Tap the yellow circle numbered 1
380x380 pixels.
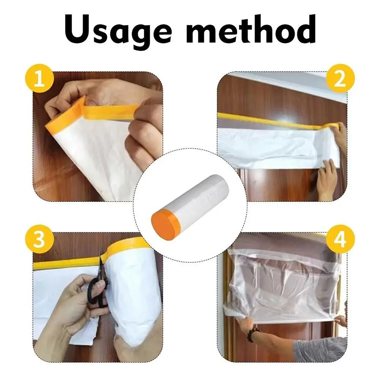(40, 78)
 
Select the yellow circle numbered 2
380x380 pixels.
(340, 78)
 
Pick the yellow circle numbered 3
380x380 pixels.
(40, 239)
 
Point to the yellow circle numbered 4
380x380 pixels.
(340, 239)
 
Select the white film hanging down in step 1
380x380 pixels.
(95, 160)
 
